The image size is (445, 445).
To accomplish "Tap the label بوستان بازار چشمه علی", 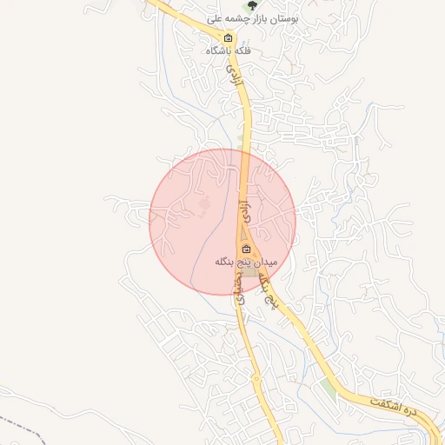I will click(x=254, y=17).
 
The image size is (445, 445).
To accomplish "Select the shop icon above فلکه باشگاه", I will click(x=229, y=37).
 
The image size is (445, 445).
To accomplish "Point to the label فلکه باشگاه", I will click(x=229, y=50).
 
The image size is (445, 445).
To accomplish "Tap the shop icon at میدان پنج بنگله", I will click(x=246, y=249).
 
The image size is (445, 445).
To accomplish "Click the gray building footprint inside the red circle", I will click(x=205, y=203).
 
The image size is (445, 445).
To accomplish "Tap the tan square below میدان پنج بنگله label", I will click(x=250, y=273).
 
